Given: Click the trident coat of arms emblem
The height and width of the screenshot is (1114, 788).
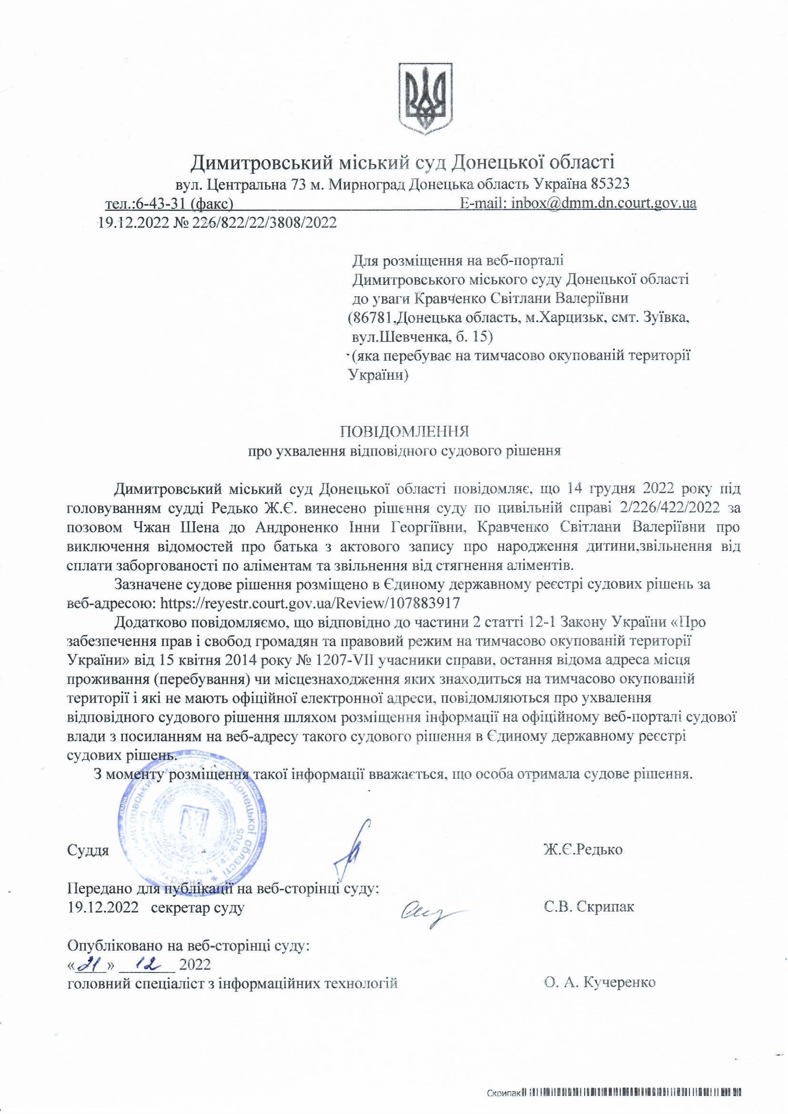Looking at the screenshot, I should [425, 98].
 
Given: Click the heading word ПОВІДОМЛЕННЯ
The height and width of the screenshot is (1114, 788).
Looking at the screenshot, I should [404, 431].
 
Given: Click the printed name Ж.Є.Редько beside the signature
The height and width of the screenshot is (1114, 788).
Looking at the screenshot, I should [583, 850].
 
